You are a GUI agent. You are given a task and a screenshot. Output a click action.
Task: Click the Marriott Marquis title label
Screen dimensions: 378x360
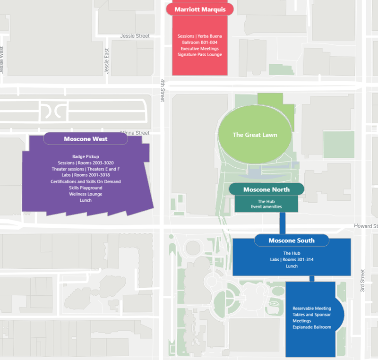(x=199, y=9)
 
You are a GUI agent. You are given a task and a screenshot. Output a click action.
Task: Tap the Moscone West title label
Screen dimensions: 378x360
(x=86, y=139)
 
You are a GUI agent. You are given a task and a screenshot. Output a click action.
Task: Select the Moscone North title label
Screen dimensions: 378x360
(x=266, y=189)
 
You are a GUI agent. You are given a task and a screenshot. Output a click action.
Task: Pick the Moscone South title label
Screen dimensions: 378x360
(x=292, y=240)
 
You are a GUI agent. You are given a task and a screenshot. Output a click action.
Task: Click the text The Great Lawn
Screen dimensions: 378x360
(x=255, y=135)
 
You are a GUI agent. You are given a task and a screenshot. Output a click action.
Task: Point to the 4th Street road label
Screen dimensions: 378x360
(x=162, y=90)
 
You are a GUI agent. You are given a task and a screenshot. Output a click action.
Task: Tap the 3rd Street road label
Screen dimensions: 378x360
(x=363, y=281)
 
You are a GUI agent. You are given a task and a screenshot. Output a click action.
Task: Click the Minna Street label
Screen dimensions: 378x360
(x=135, y=133)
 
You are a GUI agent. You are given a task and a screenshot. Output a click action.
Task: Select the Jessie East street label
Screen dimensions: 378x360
(x=107, y=61)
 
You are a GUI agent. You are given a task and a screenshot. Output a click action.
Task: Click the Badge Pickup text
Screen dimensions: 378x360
(x=86, y=156)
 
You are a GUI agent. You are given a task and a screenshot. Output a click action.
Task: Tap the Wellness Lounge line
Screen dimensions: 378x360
(x=86, y=194)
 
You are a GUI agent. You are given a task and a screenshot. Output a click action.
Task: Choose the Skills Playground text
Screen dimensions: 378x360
(x=86, y=188)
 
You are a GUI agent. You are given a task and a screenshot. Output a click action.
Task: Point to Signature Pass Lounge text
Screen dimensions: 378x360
(x=199, y=55)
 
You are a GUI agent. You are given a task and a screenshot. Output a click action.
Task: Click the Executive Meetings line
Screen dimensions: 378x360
(x=199, y=49)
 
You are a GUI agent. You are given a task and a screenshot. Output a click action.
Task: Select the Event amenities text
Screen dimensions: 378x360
(x=266, y=206)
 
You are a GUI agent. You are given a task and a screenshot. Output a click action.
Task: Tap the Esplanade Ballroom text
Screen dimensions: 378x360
(x=312, y=327)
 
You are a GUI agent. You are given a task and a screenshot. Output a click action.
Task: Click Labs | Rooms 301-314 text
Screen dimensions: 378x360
(x=292, y=259)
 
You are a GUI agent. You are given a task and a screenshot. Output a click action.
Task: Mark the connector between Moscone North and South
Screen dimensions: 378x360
(x=283, y=223)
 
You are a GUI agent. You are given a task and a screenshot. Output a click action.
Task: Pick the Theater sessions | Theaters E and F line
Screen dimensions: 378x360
(x=86, y=169)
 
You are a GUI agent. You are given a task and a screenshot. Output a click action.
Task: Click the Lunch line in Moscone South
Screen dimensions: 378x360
(x=292, y=266)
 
